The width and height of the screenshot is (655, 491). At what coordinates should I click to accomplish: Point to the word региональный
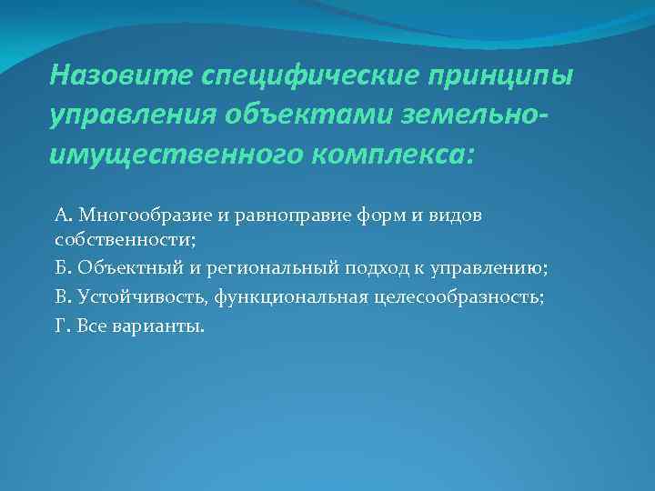coord(271,268)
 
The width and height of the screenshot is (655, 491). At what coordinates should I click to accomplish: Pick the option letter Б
coord(62,268)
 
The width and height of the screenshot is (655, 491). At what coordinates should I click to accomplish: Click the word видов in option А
coord(456,215)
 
